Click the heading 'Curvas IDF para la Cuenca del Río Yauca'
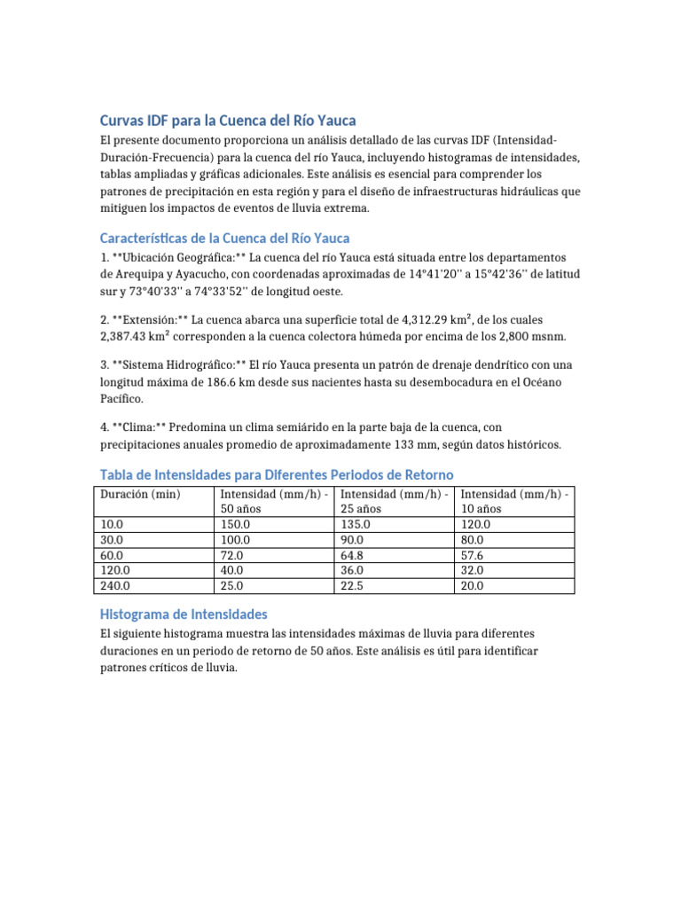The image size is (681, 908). (228, 121)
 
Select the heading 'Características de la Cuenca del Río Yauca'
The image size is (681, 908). (224, 238)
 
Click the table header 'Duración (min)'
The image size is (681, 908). (140, 494)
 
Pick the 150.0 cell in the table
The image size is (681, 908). (235, 524)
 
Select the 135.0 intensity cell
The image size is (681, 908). (356, 524)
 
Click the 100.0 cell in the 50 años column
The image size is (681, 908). (235, 539)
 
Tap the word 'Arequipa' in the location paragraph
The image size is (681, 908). (140, 274)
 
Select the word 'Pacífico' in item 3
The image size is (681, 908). (124, 399)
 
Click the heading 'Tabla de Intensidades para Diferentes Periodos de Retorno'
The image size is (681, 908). (277, 474)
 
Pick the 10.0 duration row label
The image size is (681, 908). (113, 524)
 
